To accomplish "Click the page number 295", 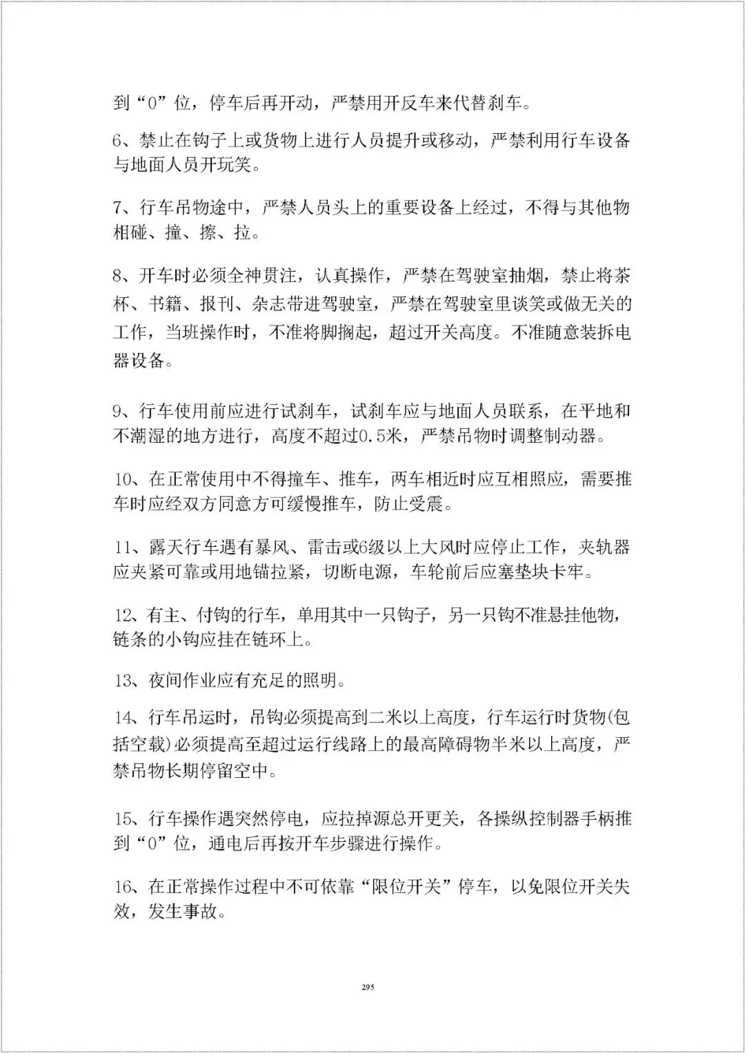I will (367, 987).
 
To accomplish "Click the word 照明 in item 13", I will (320, 681).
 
